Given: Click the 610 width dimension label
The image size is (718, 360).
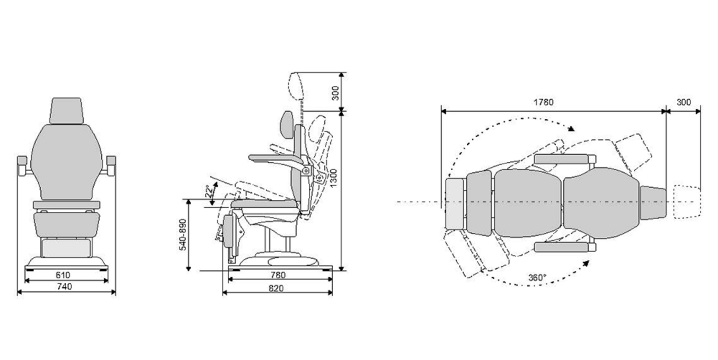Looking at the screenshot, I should pos(63,275).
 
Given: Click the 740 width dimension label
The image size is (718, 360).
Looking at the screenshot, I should pos(64,287).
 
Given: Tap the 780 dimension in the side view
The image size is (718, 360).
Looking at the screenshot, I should pos(278,275).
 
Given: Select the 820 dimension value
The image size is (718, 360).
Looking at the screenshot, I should pos(276,288).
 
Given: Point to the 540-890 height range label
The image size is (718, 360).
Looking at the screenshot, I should pos(183,234).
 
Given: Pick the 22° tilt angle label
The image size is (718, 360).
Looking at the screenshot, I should pos(208,192).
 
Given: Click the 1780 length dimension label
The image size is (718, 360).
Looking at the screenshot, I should pos(543,102).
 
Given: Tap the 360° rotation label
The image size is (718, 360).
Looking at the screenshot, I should pos(537,277).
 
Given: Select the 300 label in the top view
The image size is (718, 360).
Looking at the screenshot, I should pos(683,102).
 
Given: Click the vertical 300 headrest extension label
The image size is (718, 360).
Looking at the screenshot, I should pos(335,93).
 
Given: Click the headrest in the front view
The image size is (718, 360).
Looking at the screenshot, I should pos(67,110).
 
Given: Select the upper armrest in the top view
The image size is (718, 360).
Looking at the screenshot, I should pos(562,159).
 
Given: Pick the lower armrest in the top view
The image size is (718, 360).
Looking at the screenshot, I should pos(562,247).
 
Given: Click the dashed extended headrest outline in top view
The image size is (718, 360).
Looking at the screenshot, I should pos(686,202).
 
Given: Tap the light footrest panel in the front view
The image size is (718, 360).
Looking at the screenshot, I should pos(66,247).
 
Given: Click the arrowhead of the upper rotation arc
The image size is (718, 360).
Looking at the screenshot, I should pos(572,128).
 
